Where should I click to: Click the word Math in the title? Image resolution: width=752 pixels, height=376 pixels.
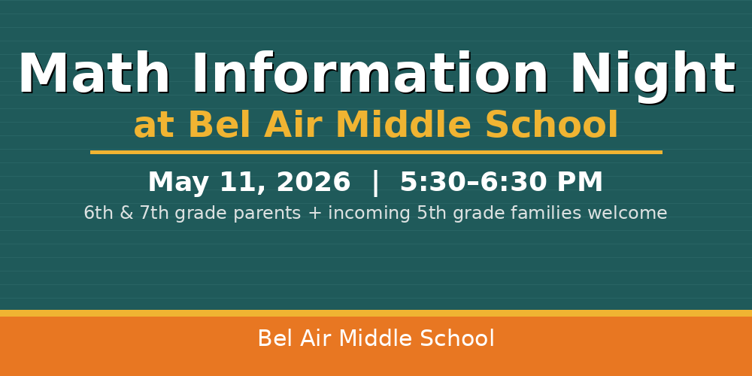click(x=94, y=75)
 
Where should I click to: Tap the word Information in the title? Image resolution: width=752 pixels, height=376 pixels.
click(x=370, y=75)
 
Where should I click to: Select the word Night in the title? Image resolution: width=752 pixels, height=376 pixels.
click(x=652, y=75)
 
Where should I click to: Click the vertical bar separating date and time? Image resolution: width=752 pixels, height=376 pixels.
click(x=375, y=183)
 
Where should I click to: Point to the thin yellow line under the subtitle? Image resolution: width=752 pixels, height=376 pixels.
click(x=376, y=152)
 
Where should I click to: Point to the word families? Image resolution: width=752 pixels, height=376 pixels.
click(x=546, y=214)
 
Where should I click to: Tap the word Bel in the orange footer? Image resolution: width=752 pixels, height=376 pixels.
click(x=274, y=339)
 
